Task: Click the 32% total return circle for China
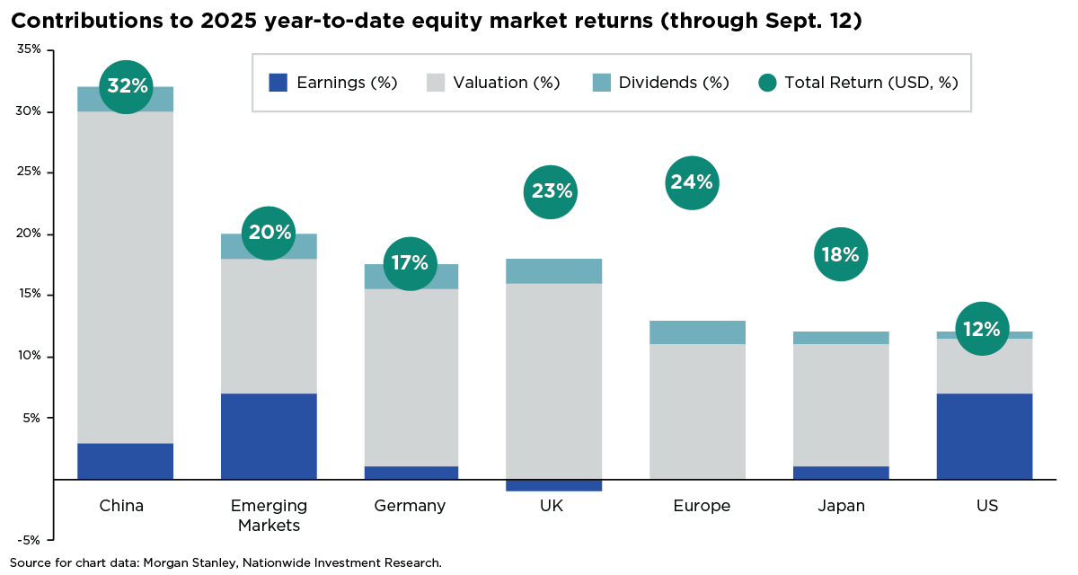pyautogui.click(x=126, y=86)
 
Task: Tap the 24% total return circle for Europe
pyautogui.click(x=691, y=182)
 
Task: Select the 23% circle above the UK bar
pyautogui.click(x=551, y=191)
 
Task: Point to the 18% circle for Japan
pyautogui.click(x=841, y=254)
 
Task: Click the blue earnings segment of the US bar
pyautogui.click(x=984, y=436)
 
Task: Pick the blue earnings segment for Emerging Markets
pyautogui.click(x=269, y=436)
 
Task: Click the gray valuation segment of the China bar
pyautogui.click(x=126, y=277)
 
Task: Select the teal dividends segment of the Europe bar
pyautogui.click(x=698, y=332)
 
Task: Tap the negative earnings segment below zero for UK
pyautogui.click(x=554, y=485)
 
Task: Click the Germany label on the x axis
pyautogui.click(x=410, y=506)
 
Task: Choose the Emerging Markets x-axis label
pyautogui.click(x=269, y=515)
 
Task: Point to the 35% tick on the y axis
pyautogui.click(x=29, y=50)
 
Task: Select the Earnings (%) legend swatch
pyautogui.click(x=278, y=83)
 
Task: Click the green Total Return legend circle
pyautogui.click(x=766, y=83)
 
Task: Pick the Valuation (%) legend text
pyautogui.click(x=507, y=83)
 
